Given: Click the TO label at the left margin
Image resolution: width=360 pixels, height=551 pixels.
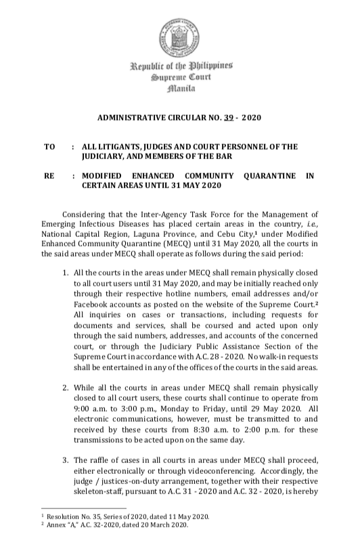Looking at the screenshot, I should (x=49, y=146).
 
